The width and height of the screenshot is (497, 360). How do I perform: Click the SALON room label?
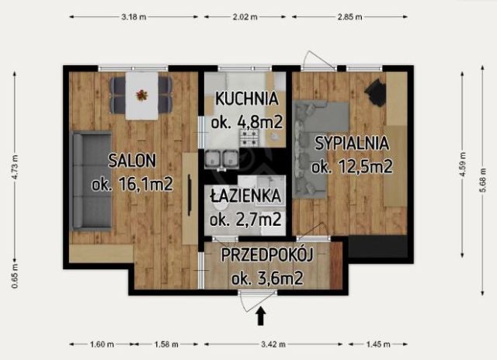(132, 161)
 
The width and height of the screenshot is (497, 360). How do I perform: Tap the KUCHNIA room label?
(247, 99)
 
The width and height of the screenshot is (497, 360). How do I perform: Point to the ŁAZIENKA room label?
(245, 197)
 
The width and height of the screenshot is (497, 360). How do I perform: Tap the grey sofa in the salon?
(92, 182)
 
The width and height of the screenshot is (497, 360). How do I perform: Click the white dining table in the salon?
(141, 95)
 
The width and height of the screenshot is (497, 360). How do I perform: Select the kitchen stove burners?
(248, 137)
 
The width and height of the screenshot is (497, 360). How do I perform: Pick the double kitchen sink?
(222, 159)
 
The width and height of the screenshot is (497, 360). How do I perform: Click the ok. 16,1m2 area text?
(132, 185)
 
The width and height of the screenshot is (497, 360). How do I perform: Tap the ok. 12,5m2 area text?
(351, 166)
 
